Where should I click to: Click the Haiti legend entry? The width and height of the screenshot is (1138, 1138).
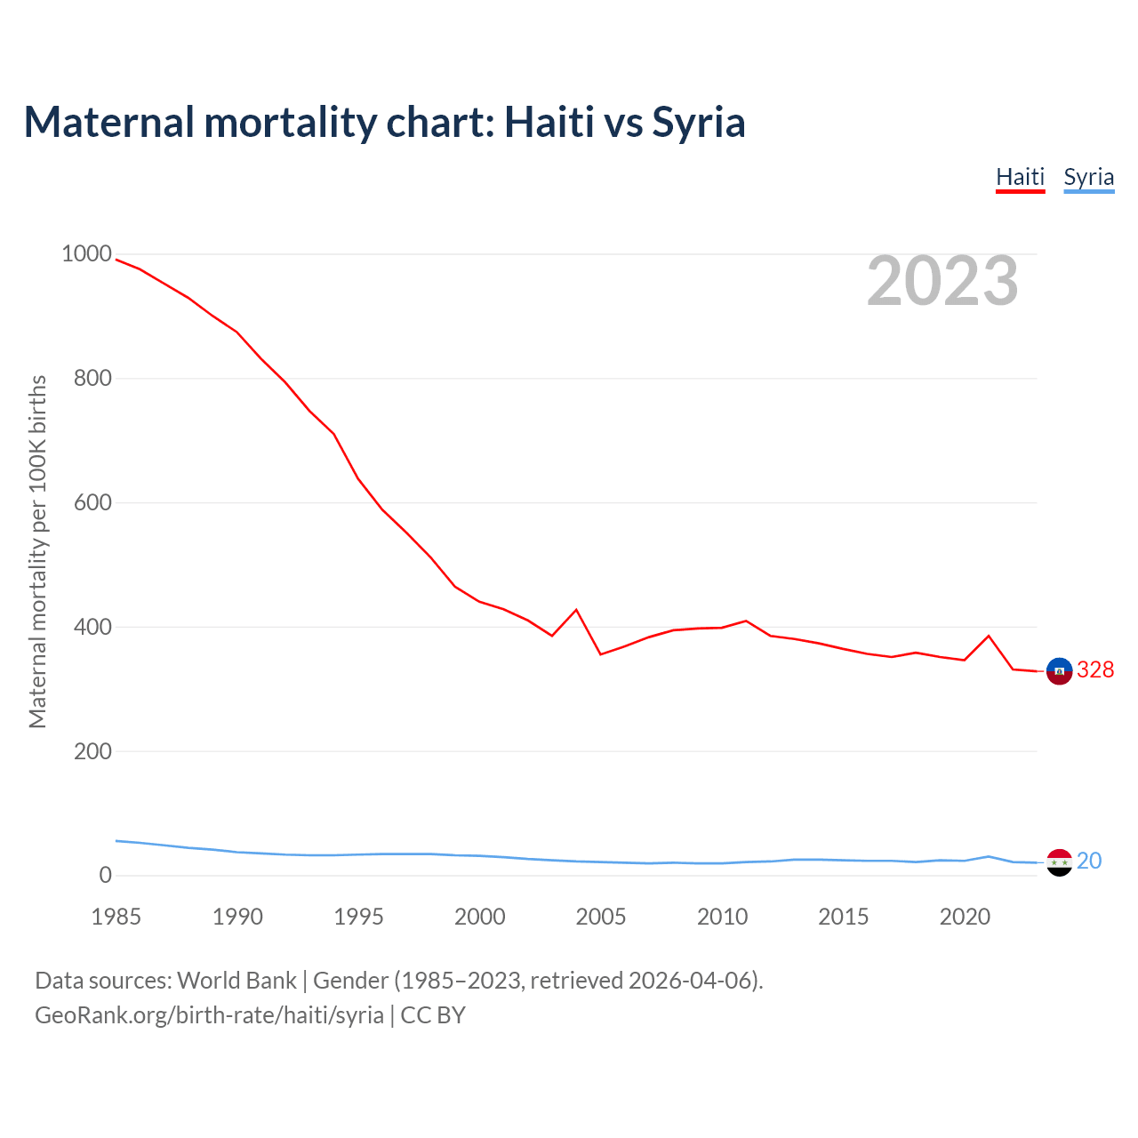pos(1020,177)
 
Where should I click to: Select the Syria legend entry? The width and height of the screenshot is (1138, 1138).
pos(1088,177)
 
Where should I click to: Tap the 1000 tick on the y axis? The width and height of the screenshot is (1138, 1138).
pos(86,254)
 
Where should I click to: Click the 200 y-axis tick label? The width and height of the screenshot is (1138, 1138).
pos(92,751)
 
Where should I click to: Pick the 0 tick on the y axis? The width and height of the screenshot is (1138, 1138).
pos(106,875)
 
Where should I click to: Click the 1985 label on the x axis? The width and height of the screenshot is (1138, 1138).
pos(116,917)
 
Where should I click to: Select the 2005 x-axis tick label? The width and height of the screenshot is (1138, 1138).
pos(601,917)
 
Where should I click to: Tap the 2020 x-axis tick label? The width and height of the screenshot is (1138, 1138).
pos(965,917)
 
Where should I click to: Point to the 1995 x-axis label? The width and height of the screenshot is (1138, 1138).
pos(358,917)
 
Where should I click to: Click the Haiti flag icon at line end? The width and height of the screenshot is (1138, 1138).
pos(1059,671)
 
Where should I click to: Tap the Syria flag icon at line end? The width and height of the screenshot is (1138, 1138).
pos(1059,862)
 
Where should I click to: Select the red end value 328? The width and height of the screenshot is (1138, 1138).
pos(1095,670)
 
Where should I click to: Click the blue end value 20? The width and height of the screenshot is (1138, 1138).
pos(1089,861)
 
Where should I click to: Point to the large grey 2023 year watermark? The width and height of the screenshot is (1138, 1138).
pos(942,281)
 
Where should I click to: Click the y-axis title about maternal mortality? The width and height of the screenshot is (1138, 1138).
pos(37,551)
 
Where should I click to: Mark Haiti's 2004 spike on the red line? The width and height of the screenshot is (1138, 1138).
pos(576,610)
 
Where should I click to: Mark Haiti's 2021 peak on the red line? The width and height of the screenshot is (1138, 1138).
pos(989,636)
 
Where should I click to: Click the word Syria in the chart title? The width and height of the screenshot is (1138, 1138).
pos(699,122)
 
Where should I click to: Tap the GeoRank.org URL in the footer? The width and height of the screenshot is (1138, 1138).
pos(209,1015)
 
